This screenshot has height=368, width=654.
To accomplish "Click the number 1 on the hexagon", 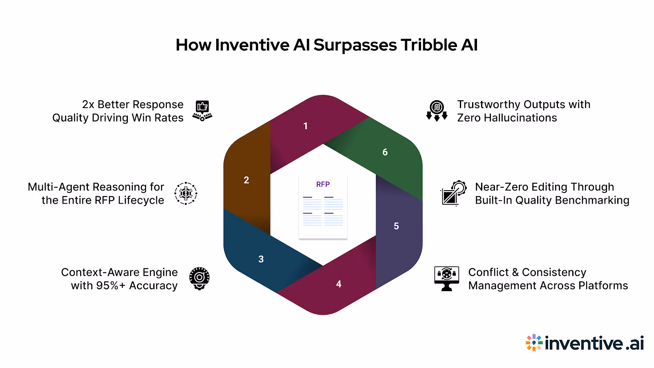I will tap(305, 126).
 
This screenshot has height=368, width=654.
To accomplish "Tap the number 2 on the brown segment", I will tap(246, 180).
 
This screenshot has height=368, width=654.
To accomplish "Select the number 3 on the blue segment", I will tap(261, 259).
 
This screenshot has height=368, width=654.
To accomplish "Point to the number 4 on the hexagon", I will tap(339, 284).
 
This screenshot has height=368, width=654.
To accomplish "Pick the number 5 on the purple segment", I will tap(396, 226).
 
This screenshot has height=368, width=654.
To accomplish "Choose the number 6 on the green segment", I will tap(385, 152).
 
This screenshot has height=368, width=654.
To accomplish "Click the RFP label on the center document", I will tap(323, 184).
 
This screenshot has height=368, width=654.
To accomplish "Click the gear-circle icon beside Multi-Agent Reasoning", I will tap(186, 193).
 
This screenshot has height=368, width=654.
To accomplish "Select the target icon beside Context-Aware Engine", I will tap(199, 278).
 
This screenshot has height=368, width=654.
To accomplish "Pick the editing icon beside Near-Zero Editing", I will tap(453, 193).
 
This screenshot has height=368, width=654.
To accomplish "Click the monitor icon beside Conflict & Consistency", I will tap(446, 278).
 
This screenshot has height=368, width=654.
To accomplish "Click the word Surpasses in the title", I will tap(355, 45).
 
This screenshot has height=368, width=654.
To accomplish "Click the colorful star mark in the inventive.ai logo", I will tap(534, 343).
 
